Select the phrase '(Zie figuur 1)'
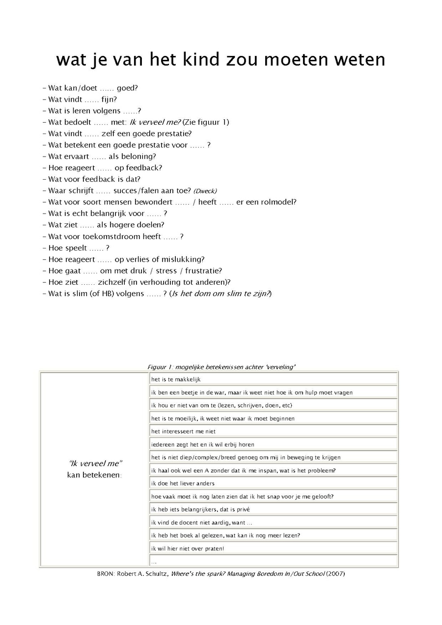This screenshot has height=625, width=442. point(206,122)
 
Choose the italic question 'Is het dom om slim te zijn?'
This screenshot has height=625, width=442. point(221,294)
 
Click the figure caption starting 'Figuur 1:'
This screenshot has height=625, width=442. point(221,366)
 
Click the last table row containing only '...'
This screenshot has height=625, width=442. point(154,561)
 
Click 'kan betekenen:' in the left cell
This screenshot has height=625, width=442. point(94,475)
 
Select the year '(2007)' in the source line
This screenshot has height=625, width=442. point(335,573)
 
